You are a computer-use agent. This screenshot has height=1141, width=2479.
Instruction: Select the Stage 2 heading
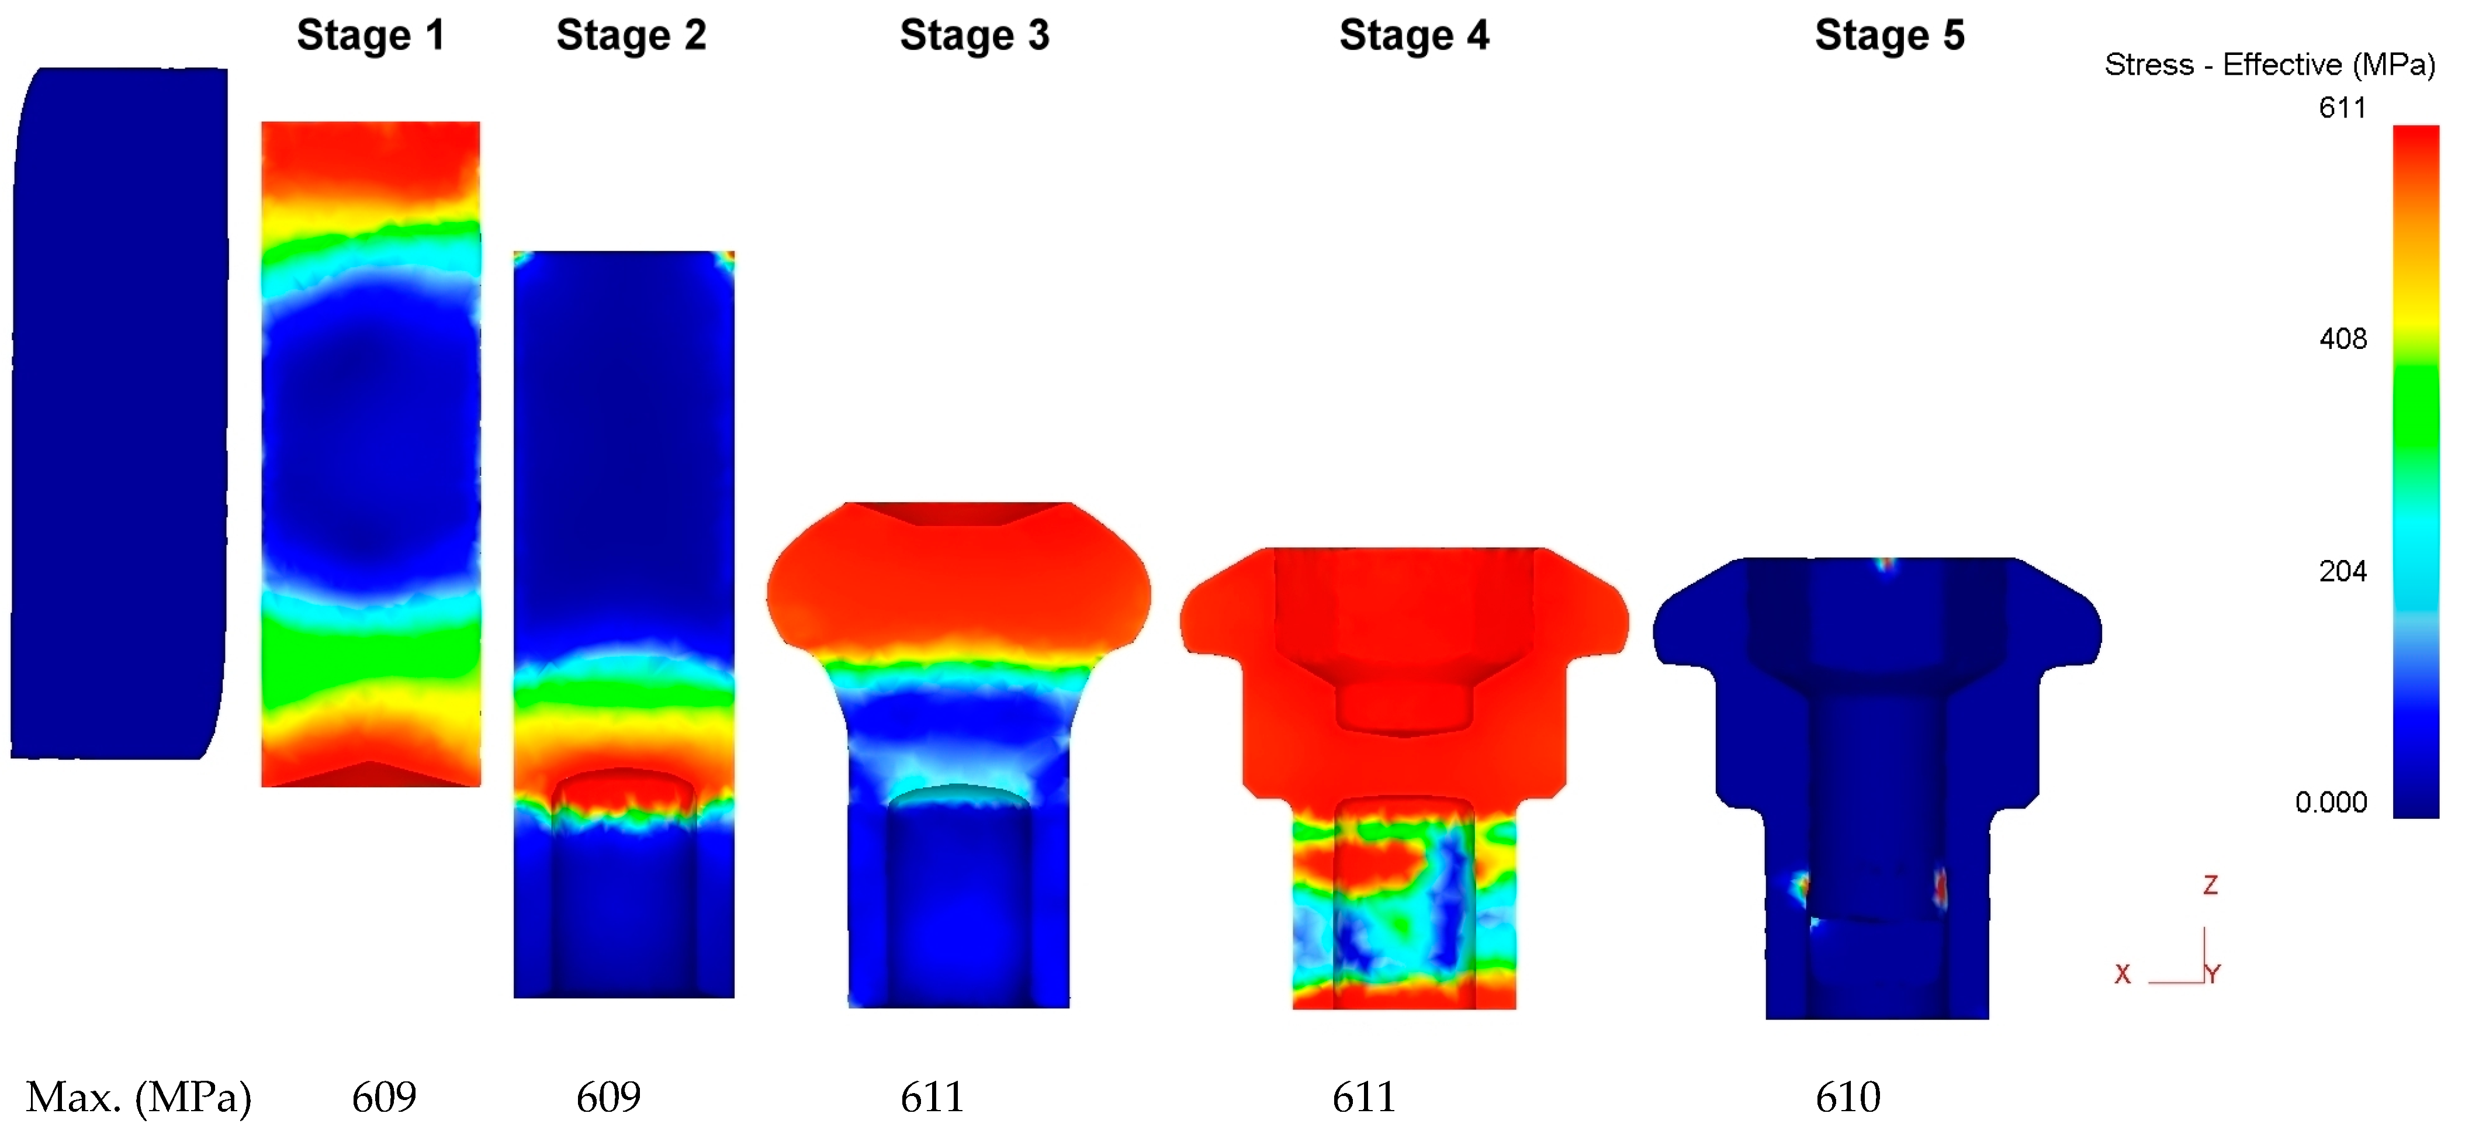[631, 36]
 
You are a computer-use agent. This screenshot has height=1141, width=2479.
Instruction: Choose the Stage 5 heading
[1889, 36]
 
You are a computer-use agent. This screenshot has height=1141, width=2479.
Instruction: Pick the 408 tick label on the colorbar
[2342, 339]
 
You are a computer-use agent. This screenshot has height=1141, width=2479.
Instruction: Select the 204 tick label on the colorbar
[2342, 571]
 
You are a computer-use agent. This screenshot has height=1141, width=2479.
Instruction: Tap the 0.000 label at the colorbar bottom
[2330, 802]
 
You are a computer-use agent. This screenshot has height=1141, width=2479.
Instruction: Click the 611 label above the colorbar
[2342, 107]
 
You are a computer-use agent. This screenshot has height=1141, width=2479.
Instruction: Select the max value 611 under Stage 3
[932, 1097]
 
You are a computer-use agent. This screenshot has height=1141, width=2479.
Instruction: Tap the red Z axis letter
[2211, 885]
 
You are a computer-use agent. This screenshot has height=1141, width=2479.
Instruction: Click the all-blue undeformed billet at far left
[119, 414]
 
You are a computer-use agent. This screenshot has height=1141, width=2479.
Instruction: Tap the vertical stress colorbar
[2415, 472]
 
